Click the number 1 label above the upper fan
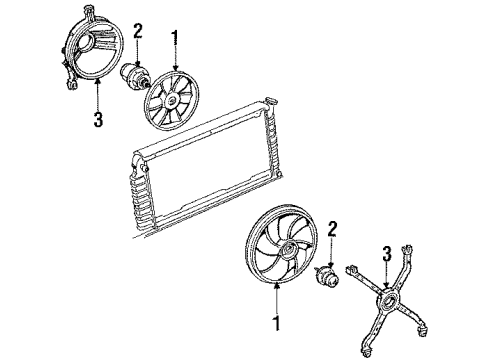point(175,38)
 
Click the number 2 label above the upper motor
point(138,31)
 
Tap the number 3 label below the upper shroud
point(98,119)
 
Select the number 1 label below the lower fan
point(276,323)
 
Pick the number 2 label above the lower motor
point(332,230)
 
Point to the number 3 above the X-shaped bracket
point(387,254)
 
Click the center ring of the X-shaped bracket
point(388,300)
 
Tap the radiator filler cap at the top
point(271,101)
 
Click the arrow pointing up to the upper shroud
point(98,95)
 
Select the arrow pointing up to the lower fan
point(276,298)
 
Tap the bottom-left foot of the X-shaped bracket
point(366,352)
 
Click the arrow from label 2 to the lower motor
point(332,253)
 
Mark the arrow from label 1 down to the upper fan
point(175,58)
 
